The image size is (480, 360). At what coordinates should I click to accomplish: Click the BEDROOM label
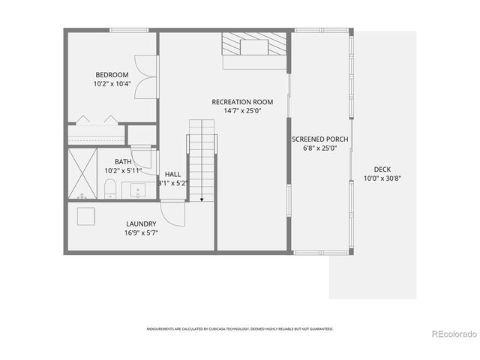(112, 74)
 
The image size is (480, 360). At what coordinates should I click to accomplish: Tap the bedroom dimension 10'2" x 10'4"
(112, 84)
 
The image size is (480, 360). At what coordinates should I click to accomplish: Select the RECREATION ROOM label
(242, 102)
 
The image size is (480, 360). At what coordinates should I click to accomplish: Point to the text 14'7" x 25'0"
(242, 112)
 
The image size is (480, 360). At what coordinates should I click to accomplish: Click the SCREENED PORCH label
(320, 139)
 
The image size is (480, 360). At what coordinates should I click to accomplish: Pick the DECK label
(382, 169)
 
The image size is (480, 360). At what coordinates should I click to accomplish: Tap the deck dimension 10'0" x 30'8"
(382, 178)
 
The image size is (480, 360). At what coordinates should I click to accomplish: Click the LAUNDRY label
(141, 223)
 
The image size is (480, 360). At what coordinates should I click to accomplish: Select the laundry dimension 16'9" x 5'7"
(141, 233)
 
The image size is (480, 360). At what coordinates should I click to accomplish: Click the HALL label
(172, 174)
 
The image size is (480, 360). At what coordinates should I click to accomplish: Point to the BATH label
(123, 162)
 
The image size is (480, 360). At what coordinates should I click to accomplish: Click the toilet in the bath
(109, 187)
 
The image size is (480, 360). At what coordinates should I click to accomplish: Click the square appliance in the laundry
(86, 215)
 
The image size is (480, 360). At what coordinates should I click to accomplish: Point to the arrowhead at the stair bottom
(202, 199)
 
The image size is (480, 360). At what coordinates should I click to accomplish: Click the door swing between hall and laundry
(173, 213)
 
